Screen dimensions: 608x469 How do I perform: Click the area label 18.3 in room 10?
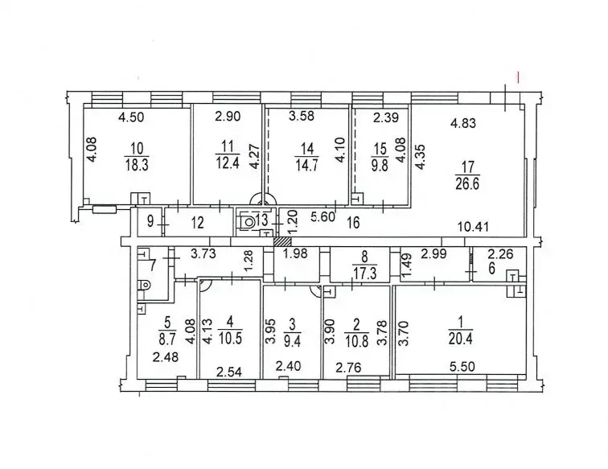tap(138, 164)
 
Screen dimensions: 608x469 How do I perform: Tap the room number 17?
tap(468, 167)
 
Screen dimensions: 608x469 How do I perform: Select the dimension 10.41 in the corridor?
tap(473, 226)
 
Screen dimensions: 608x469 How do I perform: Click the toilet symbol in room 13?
tap(248, 223)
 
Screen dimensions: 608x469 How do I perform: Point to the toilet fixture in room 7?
tap(144, 285)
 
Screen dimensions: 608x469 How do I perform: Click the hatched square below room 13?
tap(282, 241)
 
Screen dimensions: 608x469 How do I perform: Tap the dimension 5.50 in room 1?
tap(462, 366)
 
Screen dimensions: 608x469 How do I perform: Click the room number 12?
tap(197, 223)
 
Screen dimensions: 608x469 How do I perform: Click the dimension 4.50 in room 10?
tap(131, 117)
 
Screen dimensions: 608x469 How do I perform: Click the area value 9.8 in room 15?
tap(380, 163)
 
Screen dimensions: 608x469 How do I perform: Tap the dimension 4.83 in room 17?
tap(462, 123)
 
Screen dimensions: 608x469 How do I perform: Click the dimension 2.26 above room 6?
tap(500, 254)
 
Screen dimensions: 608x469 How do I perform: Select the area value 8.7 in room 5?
tap(167, 338)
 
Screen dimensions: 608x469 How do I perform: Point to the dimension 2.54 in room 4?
tap(229, 372)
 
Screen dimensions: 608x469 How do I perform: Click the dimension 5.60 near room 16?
tap(323, 216)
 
